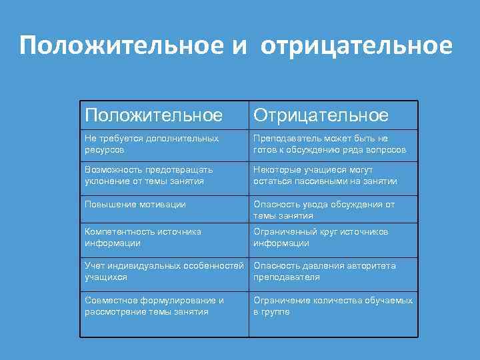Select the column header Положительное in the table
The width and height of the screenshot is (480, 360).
tap(153, 115)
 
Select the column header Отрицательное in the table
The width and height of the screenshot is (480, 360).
tap(321, 115)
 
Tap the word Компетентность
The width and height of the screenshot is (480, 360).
tap(119, 231)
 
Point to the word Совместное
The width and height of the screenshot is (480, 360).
tap(111, 300)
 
